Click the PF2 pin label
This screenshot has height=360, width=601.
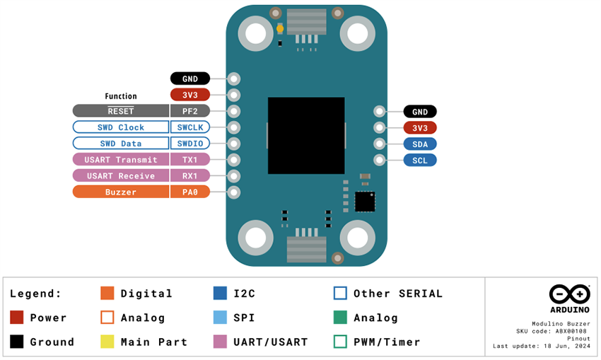pyautogui.click(x=189, y=111)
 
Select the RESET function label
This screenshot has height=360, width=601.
pyautogui.click(x=120, y=111)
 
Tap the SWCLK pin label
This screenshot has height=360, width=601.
pyautogui.click(x=189, y=127)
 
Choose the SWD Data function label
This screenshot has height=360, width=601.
pyautogui.click(x=120, y=144)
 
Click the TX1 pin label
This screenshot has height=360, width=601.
pyautogui.click(x=189, y=160)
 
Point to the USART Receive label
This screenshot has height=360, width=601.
pyautogui.click(x=120, y=176)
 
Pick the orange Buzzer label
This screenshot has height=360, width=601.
pyautogui.click(x=120, y=192)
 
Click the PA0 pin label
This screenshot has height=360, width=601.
pyautogui.click(x=189, y=192)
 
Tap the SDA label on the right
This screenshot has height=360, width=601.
pyautogui.click(x=419, y=144)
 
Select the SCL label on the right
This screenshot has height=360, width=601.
pyautogui.click(x=419, y=160)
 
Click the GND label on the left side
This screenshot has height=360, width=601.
pyautogui.click(x=189, y=79)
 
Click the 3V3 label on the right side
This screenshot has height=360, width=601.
pyautogui.click(x=419, y=127)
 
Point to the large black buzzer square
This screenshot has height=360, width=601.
pyautogui.click(x=306, y=136)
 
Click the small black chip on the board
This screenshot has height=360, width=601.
pyautogui.click(x=364, y=201)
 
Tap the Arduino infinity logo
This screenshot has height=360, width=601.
pyautogui.click(x=569, y=294)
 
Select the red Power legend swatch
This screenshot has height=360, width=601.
pyautogui.click(x=17, y=318)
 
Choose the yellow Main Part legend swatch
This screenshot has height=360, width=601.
pyautogui.click(x=107, y=342)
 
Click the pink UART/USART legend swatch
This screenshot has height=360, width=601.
pyautogui.click(x=220, y=342)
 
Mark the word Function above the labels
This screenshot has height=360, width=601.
pyautogui.click(x=121, y=96)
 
